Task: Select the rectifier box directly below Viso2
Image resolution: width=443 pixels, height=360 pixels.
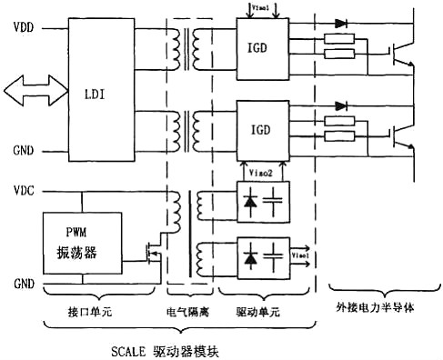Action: [262, 201]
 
